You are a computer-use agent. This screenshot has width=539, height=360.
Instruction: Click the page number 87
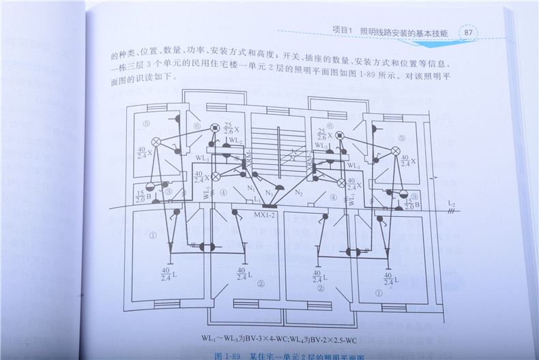(468, 32)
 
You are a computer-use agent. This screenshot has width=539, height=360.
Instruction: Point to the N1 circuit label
(250, 187)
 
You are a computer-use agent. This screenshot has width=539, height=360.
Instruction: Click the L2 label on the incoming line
(451, 203)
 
